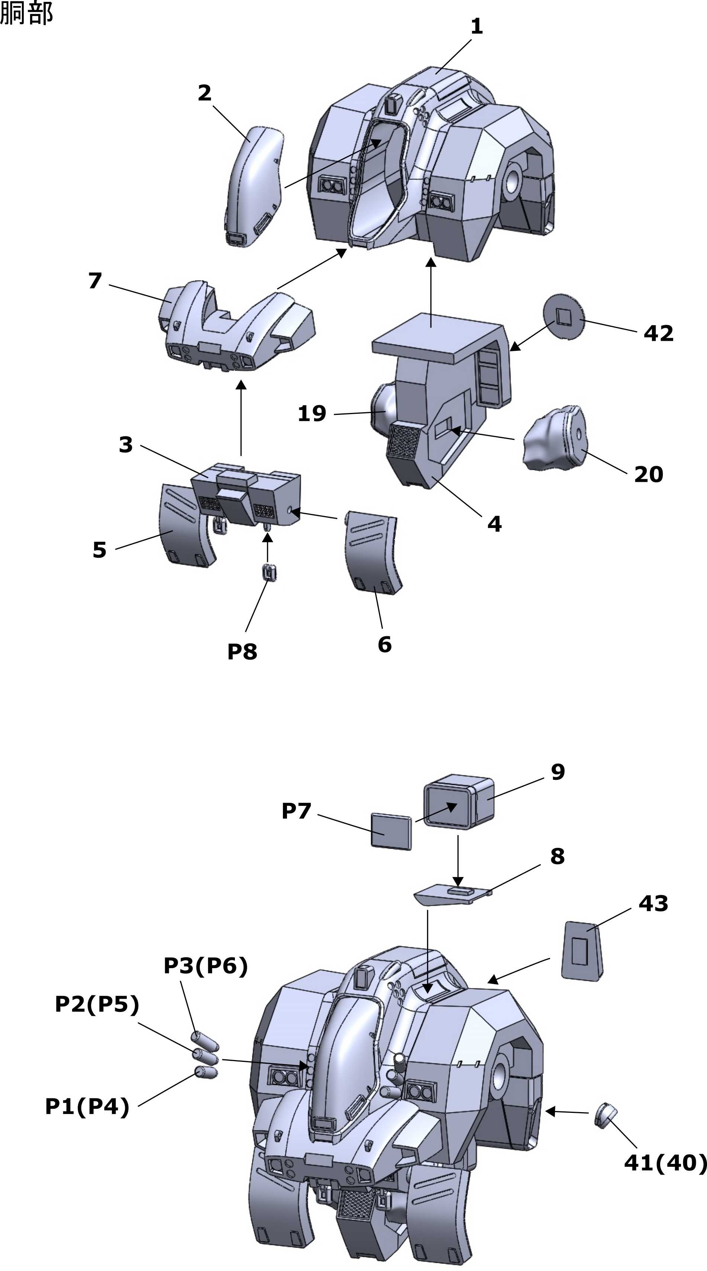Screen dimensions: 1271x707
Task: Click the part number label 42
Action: [658, 333]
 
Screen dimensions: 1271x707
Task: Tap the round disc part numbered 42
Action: [564, 316]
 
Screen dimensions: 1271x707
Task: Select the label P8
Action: [242, 652]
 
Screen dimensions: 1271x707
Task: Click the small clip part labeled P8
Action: [269, 572]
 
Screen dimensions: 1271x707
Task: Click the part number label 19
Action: [311, 413]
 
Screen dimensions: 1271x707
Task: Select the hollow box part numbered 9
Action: [459, 802]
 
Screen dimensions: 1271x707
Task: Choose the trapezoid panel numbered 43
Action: [582, 950]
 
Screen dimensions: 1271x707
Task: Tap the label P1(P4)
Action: [87, 1106]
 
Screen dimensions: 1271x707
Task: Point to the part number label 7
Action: [95, 281]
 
